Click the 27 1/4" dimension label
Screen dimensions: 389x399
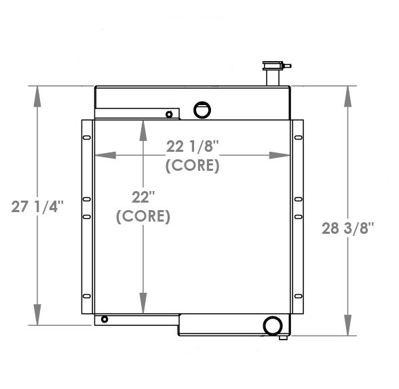coord(37,207)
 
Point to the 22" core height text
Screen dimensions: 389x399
coord(143,197)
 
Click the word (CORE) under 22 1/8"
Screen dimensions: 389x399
coord(193,165)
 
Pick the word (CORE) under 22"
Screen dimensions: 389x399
coord(143,217)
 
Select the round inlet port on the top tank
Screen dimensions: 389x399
coord(202,108)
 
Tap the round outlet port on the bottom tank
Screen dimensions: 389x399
coord(273,325)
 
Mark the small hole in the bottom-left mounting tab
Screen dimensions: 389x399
coord(104,319)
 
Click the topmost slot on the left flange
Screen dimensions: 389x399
coord(85,138)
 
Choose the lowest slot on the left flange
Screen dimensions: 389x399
coord(85,295)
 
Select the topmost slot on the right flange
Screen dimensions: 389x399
coord(297,138)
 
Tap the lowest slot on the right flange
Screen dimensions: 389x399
coord(297,295)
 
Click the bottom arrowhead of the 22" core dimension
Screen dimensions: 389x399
coord(143,304)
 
